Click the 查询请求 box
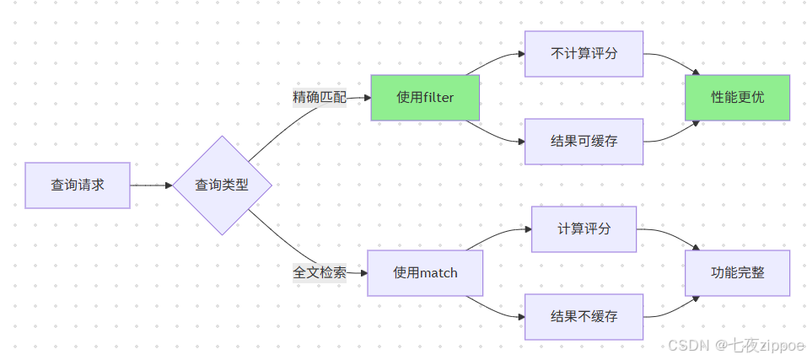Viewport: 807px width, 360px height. pyautogui.click(x=78, y=185)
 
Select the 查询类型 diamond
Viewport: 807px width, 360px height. pyautogui.click(x=222, y=185)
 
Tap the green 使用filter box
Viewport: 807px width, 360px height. pyautogui.click(x=425, y=98)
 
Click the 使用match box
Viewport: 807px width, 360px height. pyautogui.click(x=425, y=273)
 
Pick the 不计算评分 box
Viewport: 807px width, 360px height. pyautogui.click(x=584, y=53)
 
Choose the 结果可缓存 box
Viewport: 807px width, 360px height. pyautogui.click(x=584, y=142)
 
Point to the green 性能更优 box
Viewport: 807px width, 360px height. pyautogui.click(x=737, y=98)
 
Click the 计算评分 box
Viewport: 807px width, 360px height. pyautogui.click(x=584, y=228)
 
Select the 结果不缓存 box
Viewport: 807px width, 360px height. pyautogui.click(x=584, y=317)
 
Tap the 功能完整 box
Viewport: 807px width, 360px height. pyautogui.click(x=737, y=273)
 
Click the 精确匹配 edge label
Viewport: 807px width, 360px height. pyautogui.click(x=320, y=97)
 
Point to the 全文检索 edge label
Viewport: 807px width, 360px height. pyautogui.click(x=320, y=272)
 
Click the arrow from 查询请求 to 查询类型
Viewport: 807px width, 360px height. pyautogui.click(x=151, y=185)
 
